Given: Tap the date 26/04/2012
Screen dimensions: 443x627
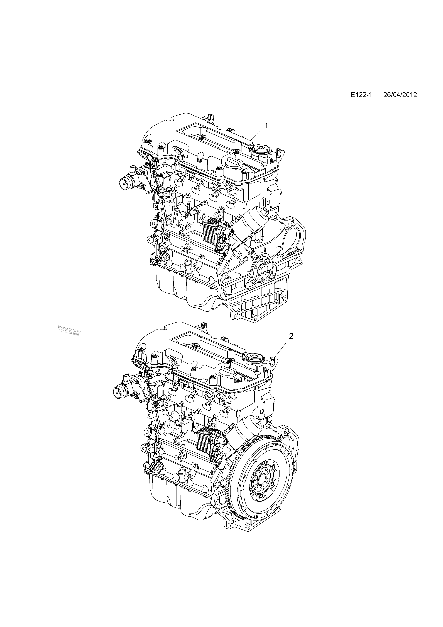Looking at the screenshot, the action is pyautogui.click(x=400, y=95).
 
